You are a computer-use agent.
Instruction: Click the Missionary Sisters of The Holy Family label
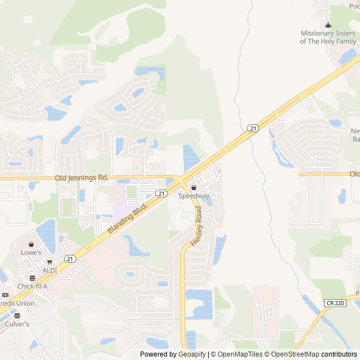tap(328, 37)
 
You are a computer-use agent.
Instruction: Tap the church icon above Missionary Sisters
tap(328, 25)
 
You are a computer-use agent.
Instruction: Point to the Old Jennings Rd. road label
tap(82, 178)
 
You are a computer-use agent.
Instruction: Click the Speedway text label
tap(193, 196)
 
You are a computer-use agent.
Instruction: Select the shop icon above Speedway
tap(193, 187)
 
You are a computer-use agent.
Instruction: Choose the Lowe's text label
tap(31, 253)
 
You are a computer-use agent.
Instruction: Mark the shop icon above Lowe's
tap(31, 245)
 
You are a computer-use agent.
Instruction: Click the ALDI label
tap(50, 270)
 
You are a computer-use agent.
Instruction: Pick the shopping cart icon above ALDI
tap(50, 262)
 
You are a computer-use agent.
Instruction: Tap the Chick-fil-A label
tap(32, 286)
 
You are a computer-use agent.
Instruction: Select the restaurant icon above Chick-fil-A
tap(23, 278)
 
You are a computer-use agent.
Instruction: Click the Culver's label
tap(17, 325)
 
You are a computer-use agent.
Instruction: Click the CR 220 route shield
tap(335, 303)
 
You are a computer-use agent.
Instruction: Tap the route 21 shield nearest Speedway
tap(161, 193)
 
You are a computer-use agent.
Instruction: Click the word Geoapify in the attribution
tap(193, 354)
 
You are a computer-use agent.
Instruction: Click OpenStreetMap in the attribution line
tap(293, 354)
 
